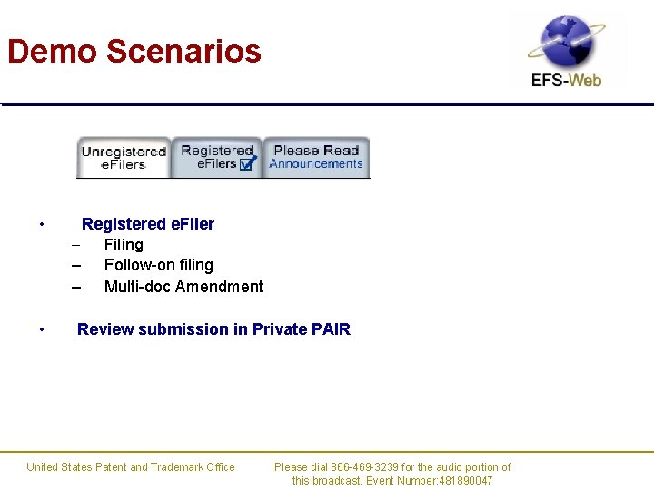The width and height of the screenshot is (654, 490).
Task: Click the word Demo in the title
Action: (52, 51)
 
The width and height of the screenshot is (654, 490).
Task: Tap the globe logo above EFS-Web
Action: (567, 42)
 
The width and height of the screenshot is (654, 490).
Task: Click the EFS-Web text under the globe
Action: (566, 81)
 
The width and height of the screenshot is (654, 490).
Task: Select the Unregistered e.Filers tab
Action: (124, 158)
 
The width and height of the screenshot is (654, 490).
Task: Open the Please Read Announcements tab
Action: (316, 157)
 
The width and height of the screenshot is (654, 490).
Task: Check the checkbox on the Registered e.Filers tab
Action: (247, 164)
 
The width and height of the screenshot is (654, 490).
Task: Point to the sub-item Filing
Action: (124, 244)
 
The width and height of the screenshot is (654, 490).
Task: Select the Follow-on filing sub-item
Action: (159, 265)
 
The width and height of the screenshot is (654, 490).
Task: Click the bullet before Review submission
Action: (42, 330)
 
